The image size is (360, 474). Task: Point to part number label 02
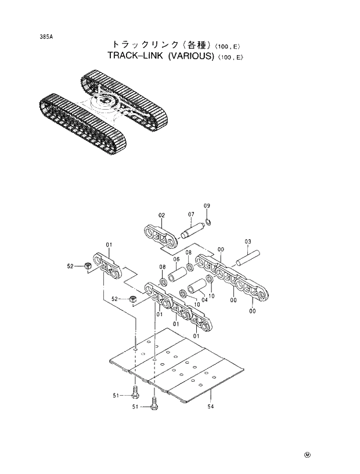coord(162,215)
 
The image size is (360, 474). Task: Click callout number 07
coord(190,215)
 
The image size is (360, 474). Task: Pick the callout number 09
coord(207,207)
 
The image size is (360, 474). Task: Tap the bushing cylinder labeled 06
coord(178,272)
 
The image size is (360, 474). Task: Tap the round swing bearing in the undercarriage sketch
coord(107,106)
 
